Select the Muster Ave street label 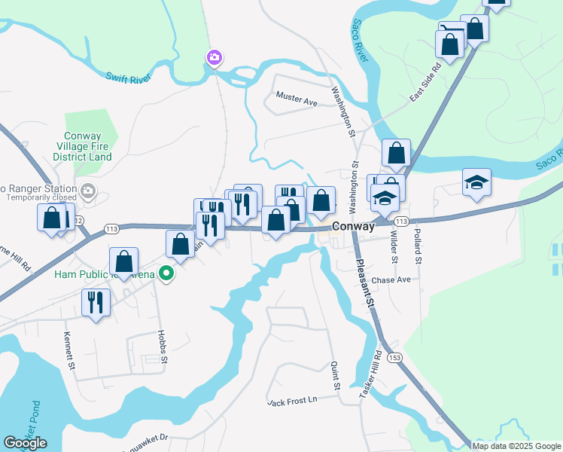tap(297, 97)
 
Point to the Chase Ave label tap(391, 279)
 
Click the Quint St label tap(336, 376)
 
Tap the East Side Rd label tap(425, 82)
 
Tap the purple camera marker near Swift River tap(215, 57)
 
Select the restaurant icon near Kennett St tap(96, 303)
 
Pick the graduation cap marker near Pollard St tap(476, 183)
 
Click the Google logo tap(25, 443)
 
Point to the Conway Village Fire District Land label tap(83, 146)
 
